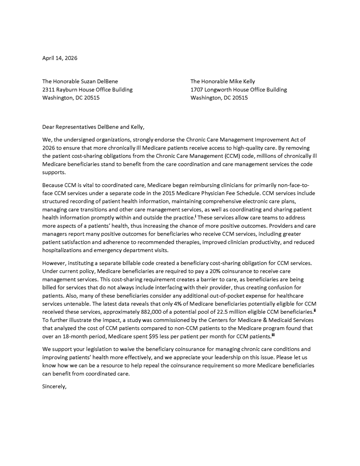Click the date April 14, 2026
[60, 58]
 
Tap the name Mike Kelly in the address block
[242, 81]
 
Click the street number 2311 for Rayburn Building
[49, 90]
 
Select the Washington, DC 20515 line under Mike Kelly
[219, 98]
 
